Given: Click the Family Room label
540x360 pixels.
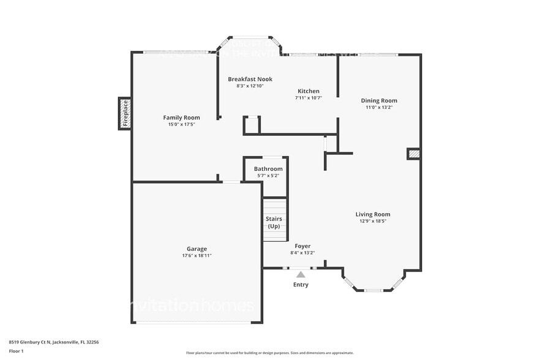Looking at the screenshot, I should [x=181, y=118].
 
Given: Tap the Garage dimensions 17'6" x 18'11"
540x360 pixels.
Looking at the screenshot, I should [x=197, y=255].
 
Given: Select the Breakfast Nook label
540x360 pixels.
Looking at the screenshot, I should [x=250, y=79].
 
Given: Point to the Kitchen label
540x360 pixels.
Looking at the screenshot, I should [x=309, y=91].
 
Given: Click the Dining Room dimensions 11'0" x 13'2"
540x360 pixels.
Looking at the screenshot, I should [x=379, y=107].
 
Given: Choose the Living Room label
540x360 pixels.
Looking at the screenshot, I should [x=373, y=214].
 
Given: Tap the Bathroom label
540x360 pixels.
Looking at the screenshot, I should [x=268, y=169].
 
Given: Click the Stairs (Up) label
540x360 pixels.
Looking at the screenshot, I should [x=274, y=222].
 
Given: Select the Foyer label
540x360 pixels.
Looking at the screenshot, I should [x=302, y=246].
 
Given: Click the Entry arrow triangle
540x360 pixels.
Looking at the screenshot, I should [x=301, y=275].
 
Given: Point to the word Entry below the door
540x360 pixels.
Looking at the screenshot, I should [x=301, y=285].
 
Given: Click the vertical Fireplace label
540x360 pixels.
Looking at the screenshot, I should [x=125, y=113].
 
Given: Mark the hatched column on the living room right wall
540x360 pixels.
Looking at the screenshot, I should [x=414, y=154].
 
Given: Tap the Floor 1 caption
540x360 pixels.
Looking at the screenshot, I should [x=16, y=351].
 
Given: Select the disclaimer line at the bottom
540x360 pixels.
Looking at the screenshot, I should [x=269, y=353].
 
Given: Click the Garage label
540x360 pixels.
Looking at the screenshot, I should [x=197, y=249].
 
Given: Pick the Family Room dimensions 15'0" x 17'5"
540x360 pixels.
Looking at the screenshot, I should [x=181, y=124].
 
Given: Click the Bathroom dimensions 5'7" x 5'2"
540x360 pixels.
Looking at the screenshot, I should [x=268, y=176].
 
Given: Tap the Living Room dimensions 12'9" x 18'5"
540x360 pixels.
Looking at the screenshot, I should [x=373, y=221].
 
